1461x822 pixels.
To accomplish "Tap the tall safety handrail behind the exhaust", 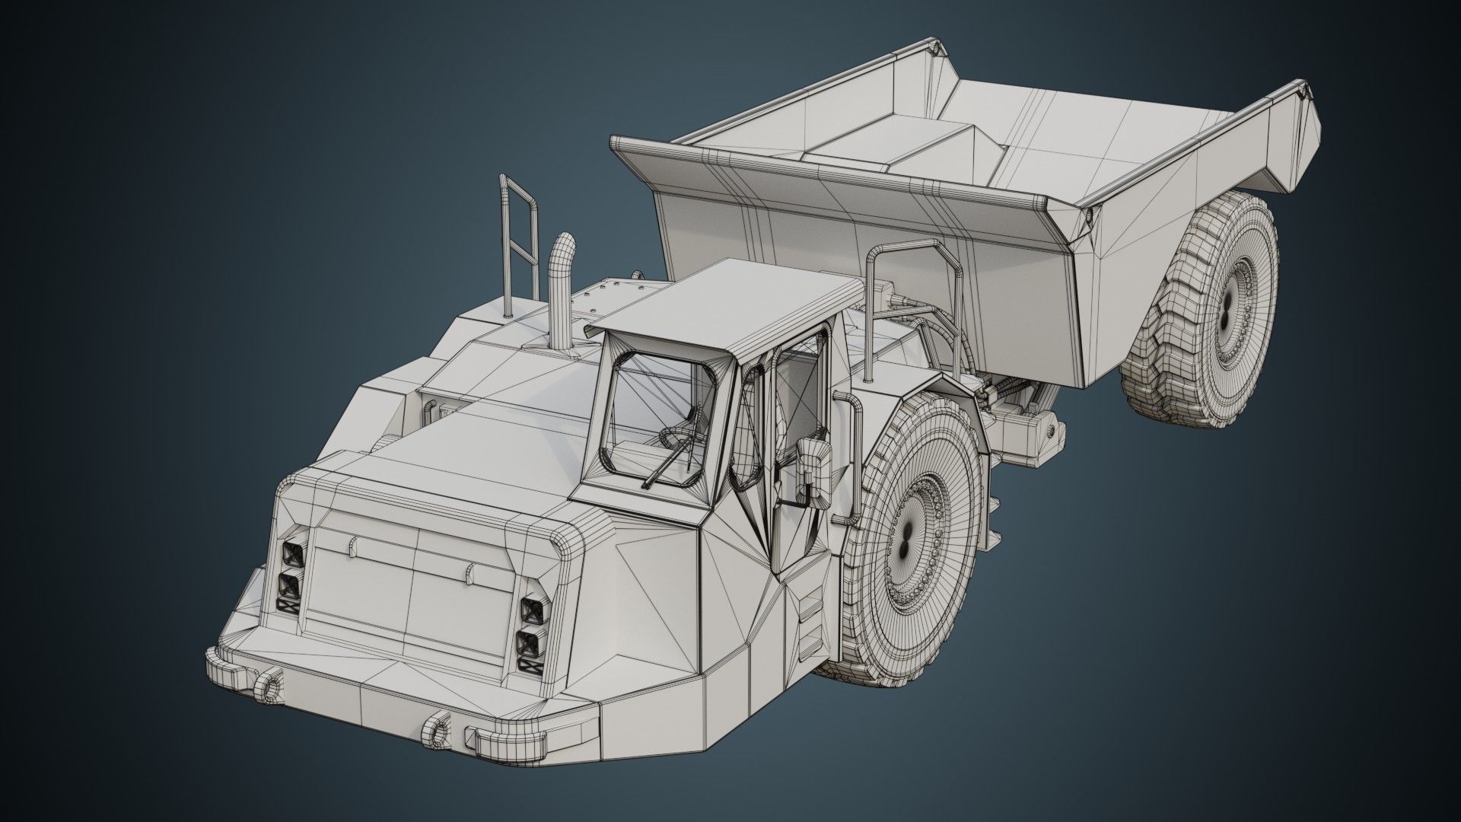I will click(x=517, y=228).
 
